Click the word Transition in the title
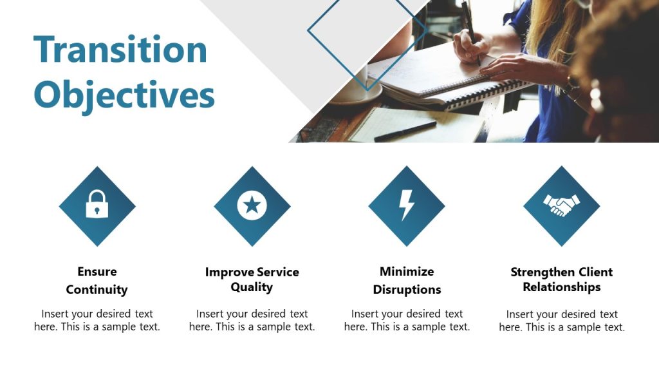click(120, 49)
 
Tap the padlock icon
click(97, 204)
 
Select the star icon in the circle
click(252, 205)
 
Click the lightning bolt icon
click(406, 205)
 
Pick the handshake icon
click(561, 205)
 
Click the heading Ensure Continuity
click(97, 280)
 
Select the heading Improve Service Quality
click(252, 280)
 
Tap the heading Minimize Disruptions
click(407, 280)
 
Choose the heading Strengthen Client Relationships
click(561, 280)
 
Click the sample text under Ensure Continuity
click(97, 320)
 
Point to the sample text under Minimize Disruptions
click(407, 320)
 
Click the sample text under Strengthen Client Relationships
click(562, 321)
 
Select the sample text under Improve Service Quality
click(252, 320)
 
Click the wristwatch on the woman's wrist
click(571, 84)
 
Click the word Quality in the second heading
click(252, 287)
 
